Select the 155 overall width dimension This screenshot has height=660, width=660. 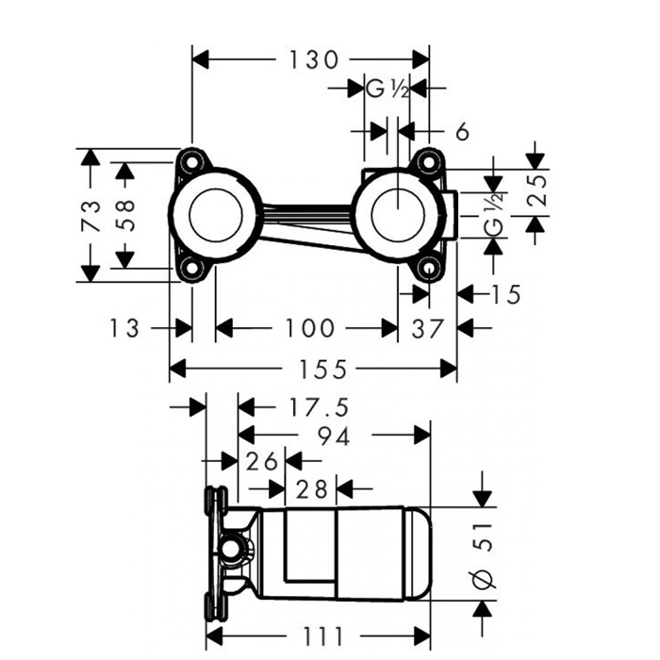tap(312, 367)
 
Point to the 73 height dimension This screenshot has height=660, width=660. tap(91, 215)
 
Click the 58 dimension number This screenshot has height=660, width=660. tap(124, 215)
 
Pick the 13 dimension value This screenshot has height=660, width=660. tap(124, 327)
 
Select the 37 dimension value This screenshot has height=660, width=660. tap(428, 327)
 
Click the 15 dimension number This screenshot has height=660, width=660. tap(505, 294)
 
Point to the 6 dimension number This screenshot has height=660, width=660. tap(462, 132)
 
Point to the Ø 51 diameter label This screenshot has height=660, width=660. tap(483, 556)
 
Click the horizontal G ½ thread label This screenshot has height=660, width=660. tap(386, 90)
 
